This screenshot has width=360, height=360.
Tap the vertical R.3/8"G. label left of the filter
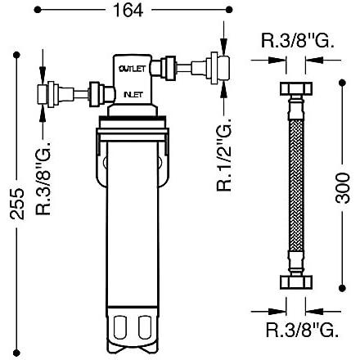(46, 182)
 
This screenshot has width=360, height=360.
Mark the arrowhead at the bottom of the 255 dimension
(11, 347)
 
